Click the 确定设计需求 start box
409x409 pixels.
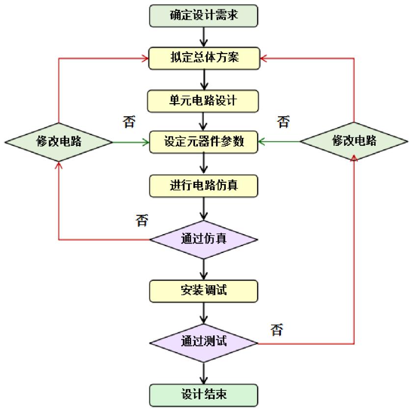pyautogui.click(x=203, y=15)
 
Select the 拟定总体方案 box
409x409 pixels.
pyautogui.click(x=203, y=58)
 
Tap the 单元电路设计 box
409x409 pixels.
pyautogui.click(x=203, y=101)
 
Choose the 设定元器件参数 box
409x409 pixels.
pyautogui.click(x=203, y=142)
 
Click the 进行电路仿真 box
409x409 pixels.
pyautogui.click(x=203, y=185)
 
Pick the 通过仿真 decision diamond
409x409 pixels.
pyautogui.click(x=203, y=240)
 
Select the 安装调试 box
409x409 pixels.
pyautogui.click(x=203, y=291)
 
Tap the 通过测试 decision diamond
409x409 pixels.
pyautogui.click(x=203, y=341)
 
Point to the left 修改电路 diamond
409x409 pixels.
pyautogui.click(x=59, y=142)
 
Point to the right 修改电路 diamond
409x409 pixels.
pyautogui.click(x=354, y=141)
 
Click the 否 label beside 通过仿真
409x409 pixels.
pyautogui.click(x=141, y=219)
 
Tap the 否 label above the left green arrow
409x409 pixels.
pyautogui.click(x=129, y=122)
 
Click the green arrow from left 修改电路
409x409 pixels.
pyautogui.click(x=131, y=142)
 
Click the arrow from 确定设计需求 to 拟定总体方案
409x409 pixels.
pyautogui.click(x=203, y=36)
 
